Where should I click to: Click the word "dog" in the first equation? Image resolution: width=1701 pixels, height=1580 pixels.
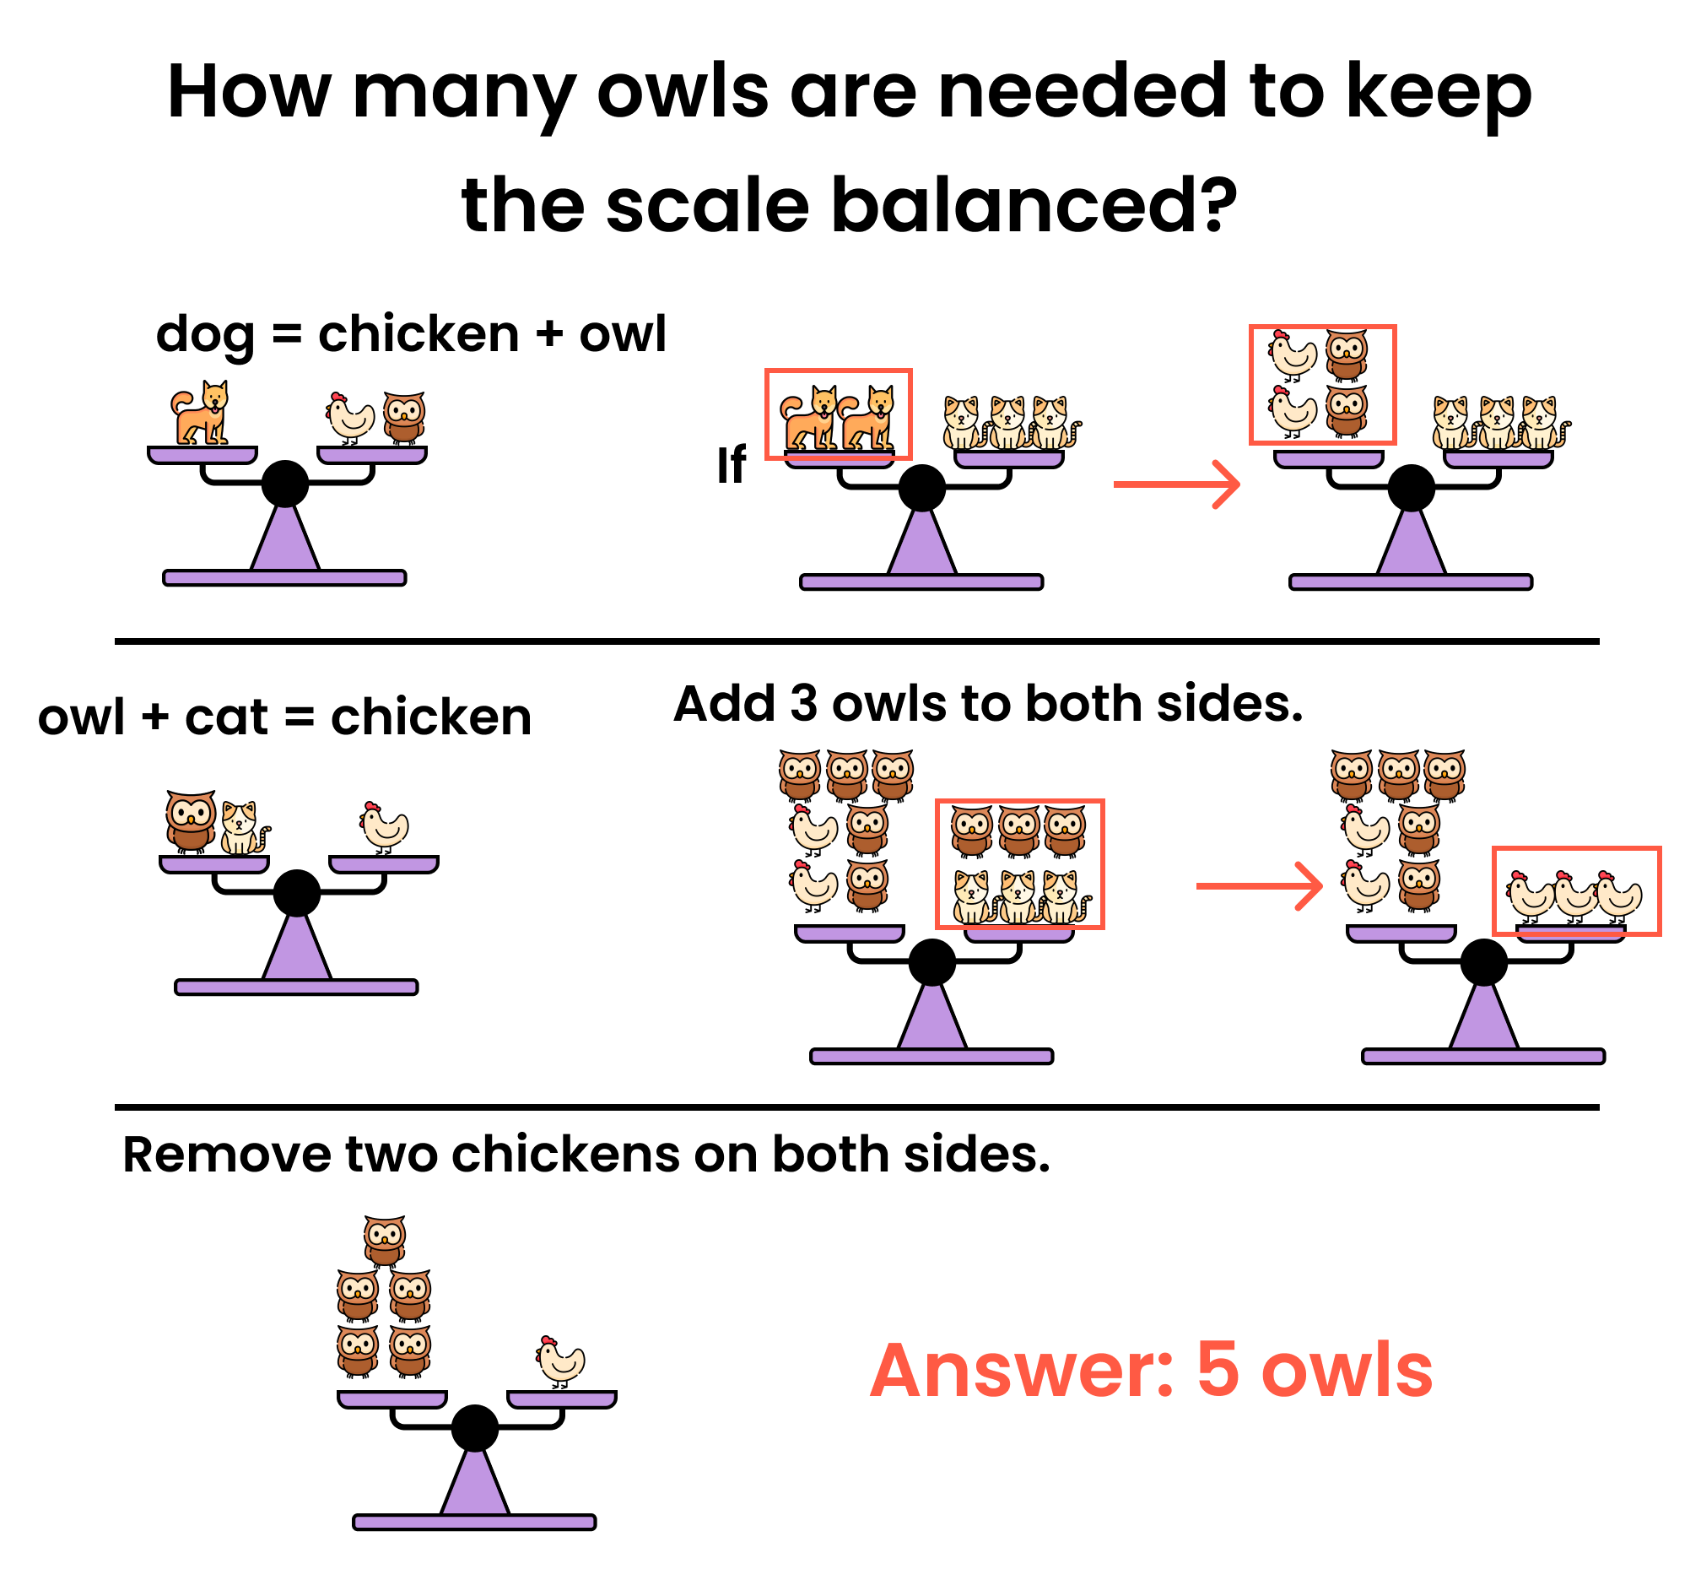[205, 335]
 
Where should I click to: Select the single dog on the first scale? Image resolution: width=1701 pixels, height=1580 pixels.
[202, 413]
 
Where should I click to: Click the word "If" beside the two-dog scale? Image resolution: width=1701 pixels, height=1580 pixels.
[732, 466]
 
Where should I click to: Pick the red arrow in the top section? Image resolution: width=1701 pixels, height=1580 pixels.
[1176, 484]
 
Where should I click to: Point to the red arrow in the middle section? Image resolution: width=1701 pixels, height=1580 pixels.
[1259, 885]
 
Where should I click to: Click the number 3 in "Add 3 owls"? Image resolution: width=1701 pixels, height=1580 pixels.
[804, 705]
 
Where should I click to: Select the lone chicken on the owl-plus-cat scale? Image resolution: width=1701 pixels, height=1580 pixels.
[384, 828]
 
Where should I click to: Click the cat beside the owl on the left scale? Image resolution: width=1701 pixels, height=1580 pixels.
[243, 828]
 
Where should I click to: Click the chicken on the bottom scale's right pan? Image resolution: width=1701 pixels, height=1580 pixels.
[561, 1361]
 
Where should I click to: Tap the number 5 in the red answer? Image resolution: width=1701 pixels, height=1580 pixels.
[1218, 1371]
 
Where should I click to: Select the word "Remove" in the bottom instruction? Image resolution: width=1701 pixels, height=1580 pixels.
[225, 1155]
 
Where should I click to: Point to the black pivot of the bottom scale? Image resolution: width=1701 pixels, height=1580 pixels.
[474, 1428]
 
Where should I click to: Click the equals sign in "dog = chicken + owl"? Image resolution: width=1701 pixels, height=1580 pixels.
[286, 335]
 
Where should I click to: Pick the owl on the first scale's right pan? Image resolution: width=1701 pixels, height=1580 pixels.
[404, 418]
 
